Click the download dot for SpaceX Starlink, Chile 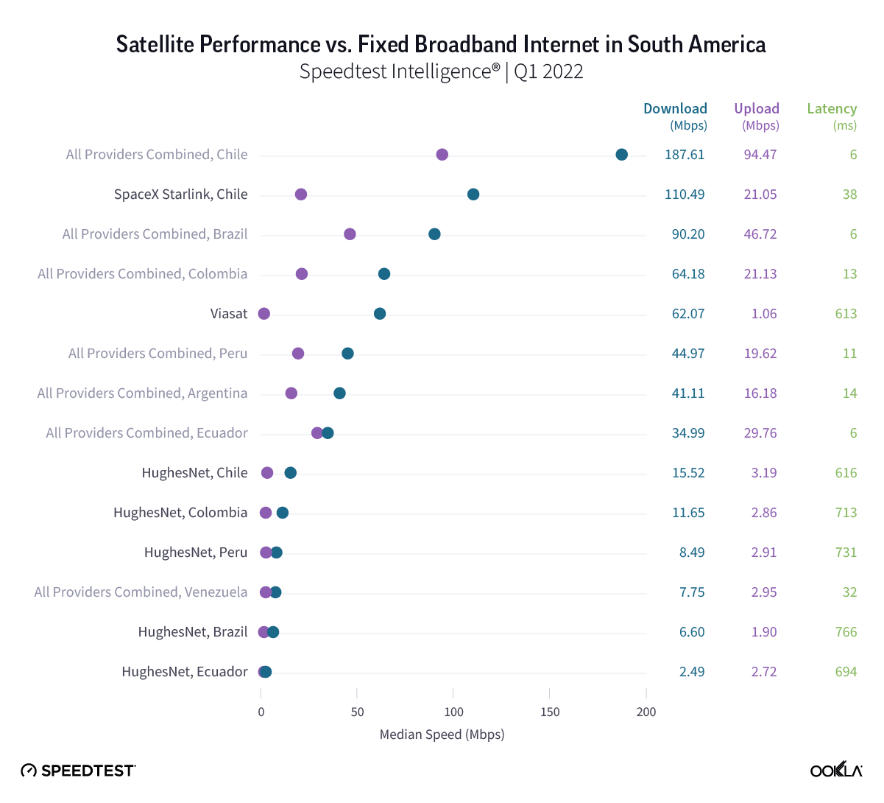tap(473, 194)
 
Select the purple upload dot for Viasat tap(264, 314)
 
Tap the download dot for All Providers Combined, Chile tap(622, 155)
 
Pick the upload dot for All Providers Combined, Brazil tap(350, 234)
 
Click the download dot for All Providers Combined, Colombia tap(384, 274)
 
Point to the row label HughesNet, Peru tap(196, 553)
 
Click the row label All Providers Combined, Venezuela tap(141, 592)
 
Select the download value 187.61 tap(685, 155)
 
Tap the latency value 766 tap(846, 632)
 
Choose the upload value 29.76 tap(760, 433)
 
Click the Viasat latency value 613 tap(846, 314)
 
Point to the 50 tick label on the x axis tap(357, 712)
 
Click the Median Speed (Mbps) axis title tap(442, 734)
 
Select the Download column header tap(675, 109)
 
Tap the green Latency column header tap(832, 109)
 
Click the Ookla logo tap(836, 770)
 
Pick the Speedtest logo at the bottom tap(78, 771)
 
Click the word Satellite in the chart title tap(155, 45)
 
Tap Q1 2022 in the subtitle tap(548, 71)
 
